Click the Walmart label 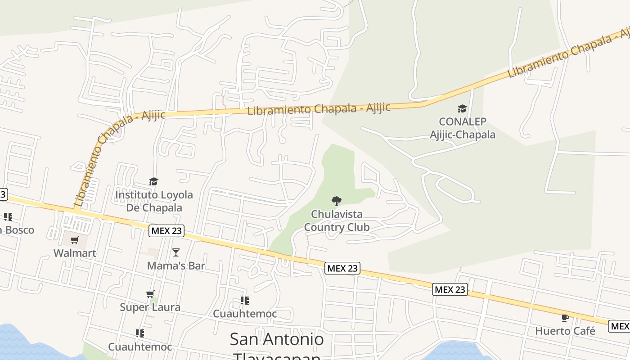click(x=75, y=253)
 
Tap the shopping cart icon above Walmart click(x=75, y=240)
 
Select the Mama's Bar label click(x=176, y=265)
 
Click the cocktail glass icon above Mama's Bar click(x=176, y=252)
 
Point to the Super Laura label click(x=150, y=307)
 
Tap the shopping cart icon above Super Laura click(x=150, y=294)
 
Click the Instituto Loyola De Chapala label click(x=154, y=201)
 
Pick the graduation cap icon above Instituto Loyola click(x=154, y=182)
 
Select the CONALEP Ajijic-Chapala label click(x=462, y=128)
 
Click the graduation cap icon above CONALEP click(x=462, y=109)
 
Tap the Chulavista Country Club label click(x=337, y=220)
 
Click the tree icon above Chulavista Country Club click(x=336, y=201)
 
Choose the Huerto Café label click(x=565, y=331)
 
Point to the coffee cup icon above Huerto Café click(x=565, y=318)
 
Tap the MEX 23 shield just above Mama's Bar click(x=166, y=231)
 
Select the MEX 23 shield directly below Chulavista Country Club click(x=342, y=269)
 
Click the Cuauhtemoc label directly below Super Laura click(x=140, y=347)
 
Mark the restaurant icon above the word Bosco click(x=8, y=217)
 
